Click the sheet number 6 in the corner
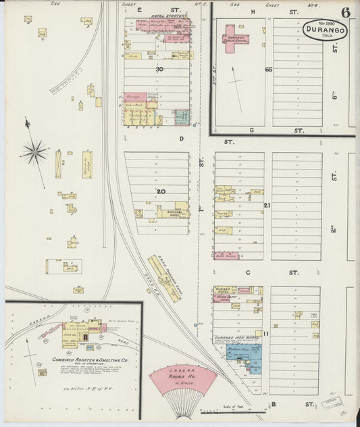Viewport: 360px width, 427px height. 345,12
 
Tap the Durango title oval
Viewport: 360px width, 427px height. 326,29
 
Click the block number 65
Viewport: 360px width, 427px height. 268,70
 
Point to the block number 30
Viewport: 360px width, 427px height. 159,70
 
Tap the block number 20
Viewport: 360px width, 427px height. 161,191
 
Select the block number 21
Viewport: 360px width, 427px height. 267,205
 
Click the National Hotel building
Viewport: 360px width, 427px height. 174,211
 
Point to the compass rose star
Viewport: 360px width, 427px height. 35,151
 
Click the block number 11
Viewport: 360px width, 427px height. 267,334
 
